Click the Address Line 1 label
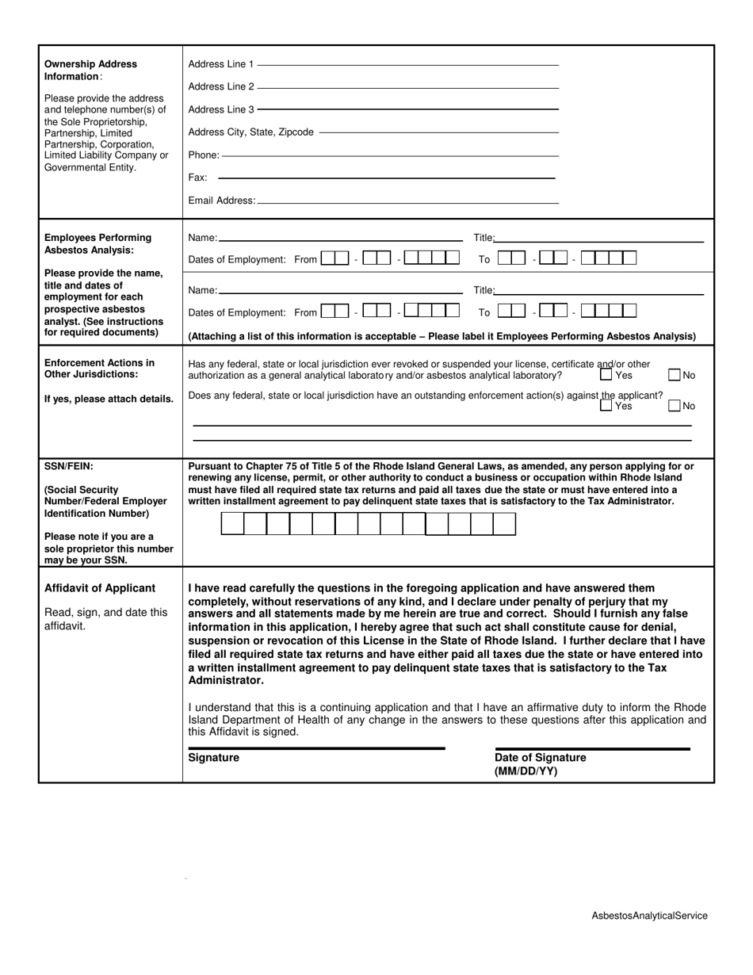(x=221, y=64)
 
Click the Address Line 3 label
(x=221, y=109)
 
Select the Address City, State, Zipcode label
(x=250, y=132)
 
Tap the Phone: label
(x=204, y=155)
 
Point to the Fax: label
(x=197, y=178)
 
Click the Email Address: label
(x=222, y=201)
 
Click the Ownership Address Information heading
(x=90, y=70)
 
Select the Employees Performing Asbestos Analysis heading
(x=97, y=243)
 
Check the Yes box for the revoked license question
(x=606, y=374)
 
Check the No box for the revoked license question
(x=675, y=375)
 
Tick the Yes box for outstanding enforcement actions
(x=606, y=405)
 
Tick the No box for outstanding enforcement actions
(x=675, y=406)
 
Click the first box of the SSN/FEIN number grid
(x=232, y=524)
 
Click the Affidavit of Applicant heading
(x=100, y=588)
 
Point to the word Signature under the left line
(x=213, y=758)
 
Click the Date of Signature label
(x=541, y=758)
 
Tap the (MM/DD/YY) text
(x=526, y=771)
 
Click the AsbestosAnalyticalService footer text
(x=649, y=916)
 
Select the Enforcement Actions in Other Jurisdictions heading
(x=99, y=369)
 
